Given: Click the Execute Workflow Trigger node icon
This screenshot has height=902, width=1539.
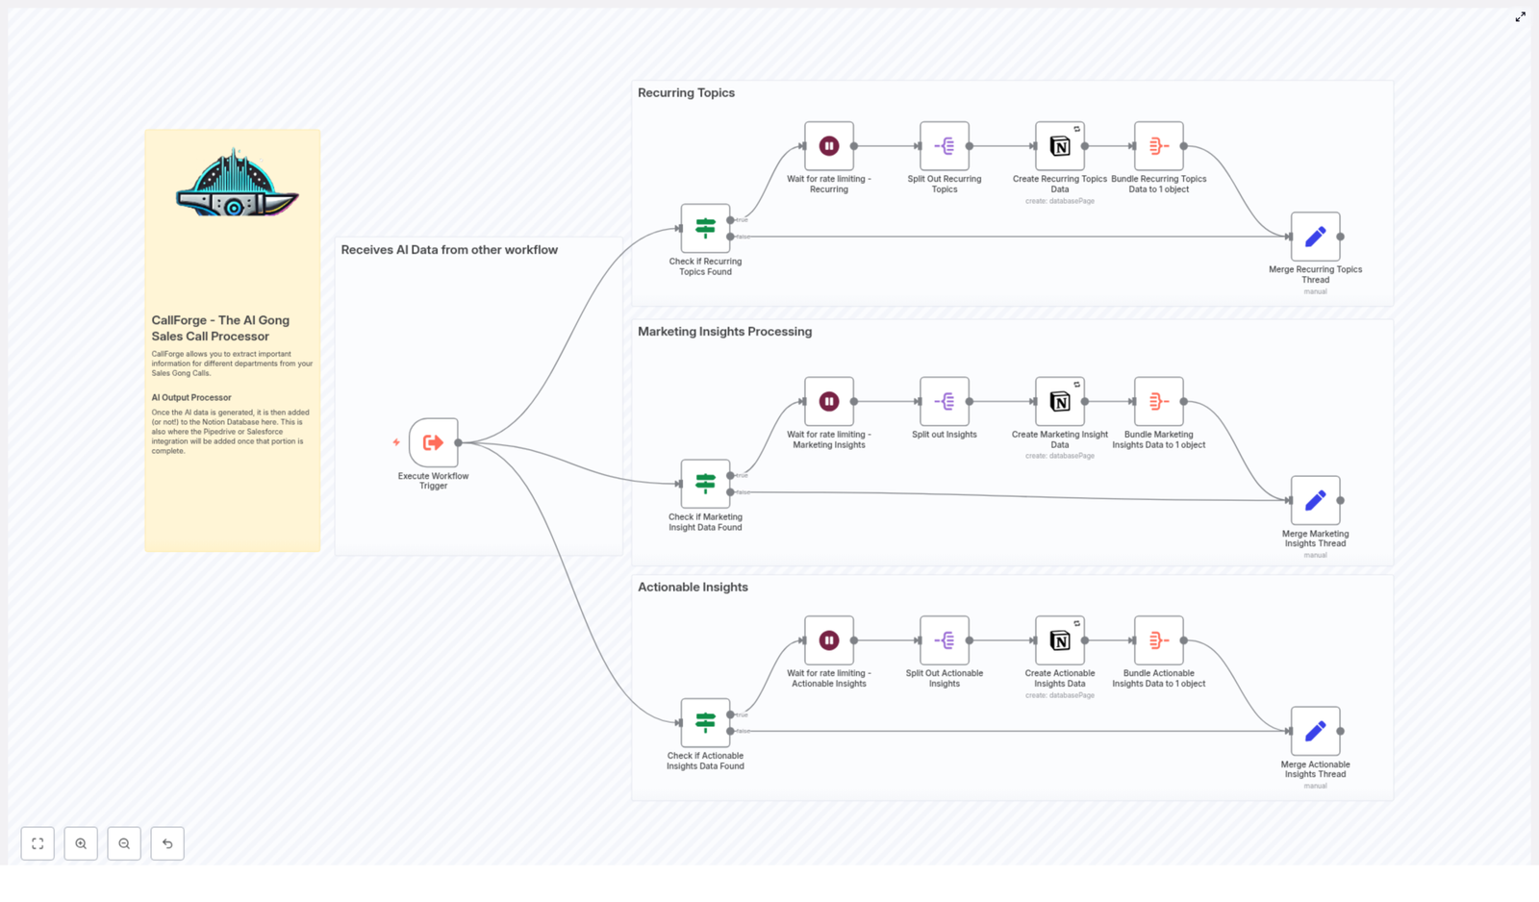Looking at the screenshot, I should pyautogui.click(x=434, y=442).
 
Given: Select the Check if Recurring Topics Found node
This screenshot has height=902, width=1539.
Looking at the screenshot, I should pyautogui.click(x=705, y=229).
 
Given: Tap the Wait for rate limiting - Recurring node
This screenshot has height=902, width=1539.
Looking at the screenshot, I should pyautogui.click(x=829, y=146).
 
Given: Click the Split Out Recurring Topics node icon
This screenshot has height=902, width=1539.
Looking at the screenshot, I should pyautogui.click(x=945, y=146).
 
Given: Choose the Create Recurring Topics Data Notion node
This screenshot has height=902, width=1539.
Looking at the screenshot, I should pyautogui.click(x=1060, y=146).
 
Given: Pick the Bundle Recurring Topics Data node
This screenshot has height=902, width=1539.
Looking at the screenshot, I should pyautogui.click(x=1159, y=146).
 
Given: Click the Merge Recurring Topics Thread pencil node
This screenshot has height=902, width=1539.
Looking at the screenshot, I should pyautogui.click(x=1315, y=237).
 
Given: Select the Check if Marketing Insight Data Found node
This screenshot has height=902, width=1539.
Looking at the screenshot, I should pyautogui.click(x=705, y=484).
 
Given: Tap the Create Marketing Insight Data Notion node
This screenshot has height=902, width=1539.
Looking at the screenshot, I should pyautogui.click(x=1060, y=402).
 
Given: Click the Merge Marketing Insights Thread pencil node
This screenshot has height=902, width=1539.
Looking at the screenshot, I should pyautogui.click(x=1315, y=501).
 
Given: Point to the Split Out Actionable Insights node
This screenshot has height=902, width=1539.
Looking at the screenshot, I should pyautogui.click(x=945, y=640).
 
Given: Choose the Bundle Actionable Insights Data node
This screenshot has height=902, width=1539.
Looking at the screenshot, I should pyautogui.click(x=1159, y=640).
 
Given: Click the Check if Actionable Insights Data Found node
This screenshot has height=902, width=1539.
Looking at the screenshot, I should pyautogui.click(x=705, y=723).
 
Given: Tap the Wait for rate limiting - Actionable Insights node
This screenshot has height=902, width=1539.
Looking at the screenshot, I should pyautogui.click(x=829, y=640).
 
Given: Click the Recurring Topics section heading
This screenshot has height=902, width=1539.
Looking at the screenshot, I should pyautogui.click(x=686, y=93).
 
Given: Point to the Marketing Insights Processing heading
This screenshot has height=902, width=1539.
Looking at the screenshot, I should pyautogui.click(x=724, y=332).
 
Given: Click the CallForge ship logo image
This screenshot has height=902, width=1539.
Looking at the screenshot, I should pyautogui.click(x=236, y=185).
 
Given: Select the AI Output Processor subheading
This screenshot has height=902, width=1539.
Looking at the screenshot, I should pyautogui.click(x=191, y=397).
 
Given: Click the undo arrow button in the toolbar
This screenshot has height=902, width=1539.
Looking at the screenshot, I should pyautogui.click(x=167, y=843).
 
